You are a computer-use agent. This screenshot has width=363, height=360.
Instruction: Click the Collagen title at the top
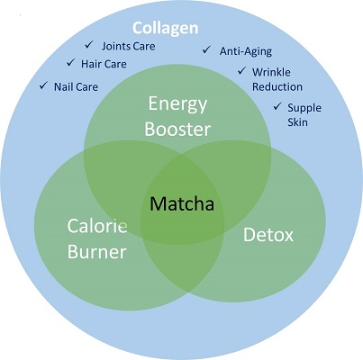tap(166, 29)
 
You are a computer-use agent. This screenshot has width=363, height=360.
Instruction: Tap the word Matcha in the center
tap(182, 203)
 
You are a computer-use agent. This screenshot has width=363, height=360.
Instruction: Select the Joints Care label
tap(129, 46)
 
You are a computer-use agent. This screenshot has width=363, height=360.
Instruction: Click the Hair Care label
tap(104, 64)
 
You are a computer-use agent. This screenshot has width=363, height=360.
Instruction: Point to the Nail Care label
tap(76, 86)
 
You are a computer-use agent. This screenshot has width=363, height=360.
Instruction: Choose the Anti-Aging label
tap(246, 51)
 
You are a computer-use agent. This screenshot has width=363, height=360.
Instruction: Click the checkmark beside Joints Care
tap(89, 45)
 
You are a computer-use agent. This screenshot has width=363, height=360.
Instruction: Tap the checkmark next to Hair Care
tap(70, 63)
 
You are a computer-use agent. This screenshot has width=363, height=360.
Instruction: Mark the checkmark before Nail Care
tap(43, 85)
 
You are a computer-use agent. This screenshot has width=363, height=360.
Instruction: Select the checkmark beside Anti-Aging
tap(206, 49)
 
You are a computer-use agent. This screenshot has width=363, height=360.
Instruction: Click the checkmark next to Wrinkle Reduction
tap(242, 71)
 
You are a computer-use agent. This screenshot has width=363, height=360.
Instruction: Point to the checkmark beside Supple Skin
tap(277, 106)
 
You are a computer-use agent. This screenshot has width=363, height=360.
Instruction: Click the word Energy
tap(177, 104)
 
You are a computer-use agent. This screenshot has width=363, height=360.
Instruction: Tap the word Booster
tap(177, 130)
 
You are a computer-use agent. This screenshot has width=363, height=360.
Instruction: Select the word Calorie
tap(97, 226)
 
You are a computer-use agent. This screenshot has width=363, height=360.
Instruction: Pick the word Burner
tap(96, 251)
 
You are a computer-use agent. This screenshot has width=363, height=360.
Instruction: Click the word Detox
tap(268, 235)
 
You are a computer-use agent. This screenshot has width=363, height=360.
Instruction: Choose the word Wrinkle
tap(271, 72)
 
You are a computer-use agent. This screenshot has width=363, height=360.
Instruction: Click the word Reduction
tap(277, 86)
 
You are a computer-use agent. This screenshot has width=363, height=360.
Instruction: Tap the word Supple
tap(304, 108)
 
